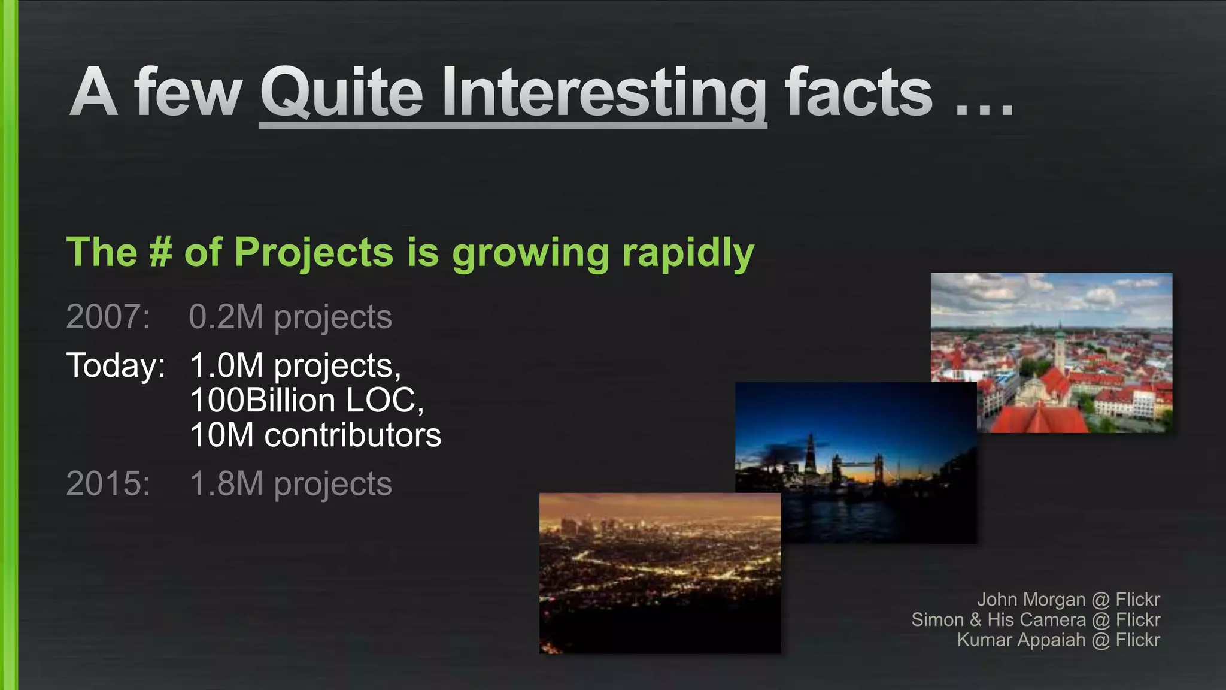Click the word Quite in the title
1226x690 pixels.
pyautogui.click(x=342, y=93)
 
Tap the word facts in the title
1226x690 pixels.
pyautogui.click(x=858, y=93)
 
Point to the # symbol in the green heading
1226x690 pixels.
pyautogui.click(x=160, y=252)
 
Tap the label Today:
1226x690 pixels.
pyautogui.click(x=116, y=365)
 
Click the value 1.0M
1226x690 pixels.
pyautogui.click(x=226, y=365)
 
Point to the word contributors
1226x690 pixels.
pyautogui.click(x=353, y=435)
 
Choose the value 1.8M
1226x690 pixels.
pyautogui.click(x=226, y=484)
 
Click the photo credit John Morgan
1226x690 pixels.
pyautogui.click(x=1031, y=600)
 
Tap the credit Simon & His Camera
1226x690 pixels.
pyautogui.click(x=998, y=620)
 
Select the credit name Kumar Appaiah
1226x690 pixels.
pyautogui.click(x=1021, y=640)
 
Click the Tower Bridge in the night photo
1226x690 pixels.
pyautogui.click(x=855, y=464)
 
